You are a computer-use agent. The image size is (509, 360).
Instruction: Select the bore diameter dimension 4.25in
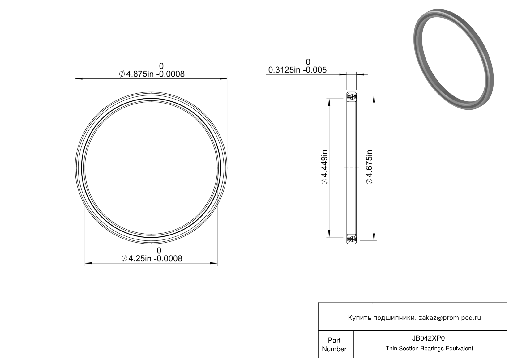click(140, 258)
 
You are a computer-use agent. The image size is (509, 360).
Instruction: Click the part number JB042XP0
click(428, 338)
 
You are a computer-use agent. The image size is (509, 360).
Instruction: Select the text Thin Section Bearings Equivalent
click(429, 349)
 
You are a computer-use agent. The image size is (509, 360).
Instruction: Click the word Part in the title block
click(334, 340)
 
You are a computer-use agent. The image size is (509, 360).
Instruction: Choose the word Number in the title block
click(334, 349)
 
